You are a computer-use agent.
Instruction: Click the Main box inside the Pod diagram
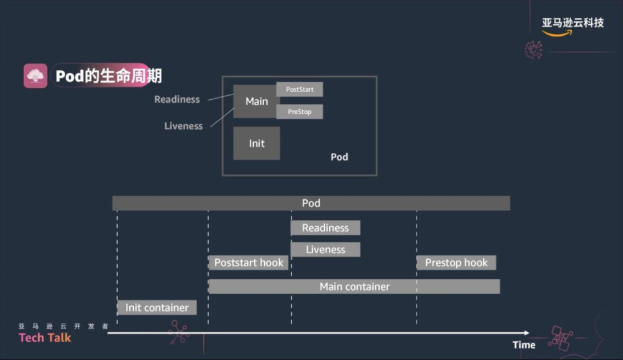(257, 102)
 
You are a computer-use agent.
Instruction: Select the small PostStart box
(299, 89)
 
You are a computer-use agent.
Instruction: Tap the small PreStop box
(299, 112)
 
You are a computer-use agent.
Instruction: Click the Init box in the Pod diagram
(257, 143)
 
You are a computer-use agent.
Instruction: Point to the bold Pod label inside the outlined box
(339, 157)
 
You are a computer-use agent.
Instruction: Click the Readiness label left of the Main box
(177, 99)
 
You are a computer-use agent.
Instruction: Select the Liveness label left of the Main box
(183, 126)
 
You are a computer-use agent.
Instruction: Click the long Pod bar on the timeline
(311, 203)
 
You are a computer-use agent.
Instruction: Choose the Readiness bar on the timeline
(325, 228)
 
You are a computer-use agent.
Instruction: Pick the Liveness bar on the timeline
(325, 250)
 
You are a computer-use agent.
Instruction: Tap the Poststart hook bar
(249, 263)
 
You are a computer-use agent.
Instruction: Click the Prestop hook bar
(456, 263)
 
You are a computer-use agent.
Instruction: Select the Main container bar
(354, 287)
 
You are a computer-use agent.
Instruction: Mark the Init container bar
(157, 307)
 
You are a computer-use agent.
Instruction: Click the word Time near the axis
(524, 345)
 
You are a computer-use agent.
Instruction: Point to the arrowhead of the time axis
(526, 333)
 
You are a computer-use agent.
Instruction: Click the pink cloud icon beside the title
(35, 76)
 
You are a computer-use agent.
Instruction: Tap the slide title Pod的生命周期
(108, 76)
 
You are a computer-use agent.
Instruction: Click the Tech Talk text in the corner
(45, 338)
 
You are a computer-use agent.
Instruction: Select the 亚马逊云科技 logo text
(572, 23)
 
